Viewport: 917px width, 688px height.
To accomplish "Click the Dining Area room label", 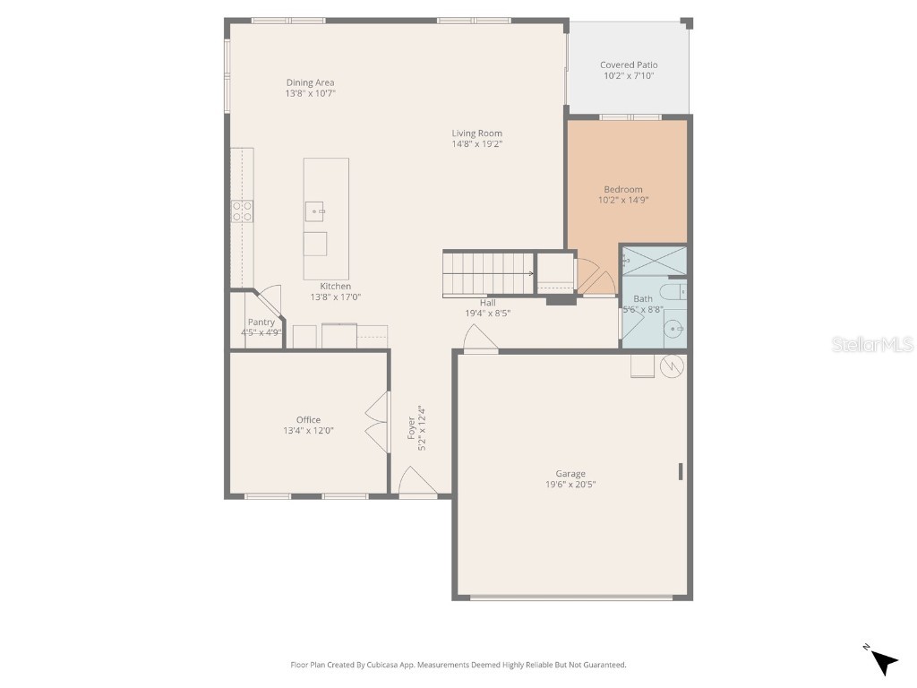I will click(x=310, y=83).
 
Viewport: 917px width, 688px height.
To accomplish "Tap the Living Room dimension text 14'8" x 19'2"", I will click(x=476, y=144).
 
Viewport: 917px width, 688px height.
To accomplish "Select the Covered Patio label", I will click(x=629, y=65).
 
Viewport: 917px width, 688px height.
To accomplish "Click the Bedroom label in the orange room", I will click(x=623, y=189).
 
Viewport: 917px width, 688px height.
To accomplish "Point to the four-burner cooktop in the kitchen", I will click(x=242, y=211).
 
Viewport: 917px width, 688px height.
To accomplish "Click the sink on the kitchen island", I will click(x=316, y=211).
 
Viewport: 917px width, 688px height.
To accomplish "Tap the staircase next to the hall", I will click(x=488, y=273).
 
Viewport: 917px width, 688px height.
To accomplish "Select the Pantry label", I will click(x=261, y=322).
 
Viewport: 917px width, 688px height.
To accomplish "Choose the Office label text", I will click(x=308, y=420).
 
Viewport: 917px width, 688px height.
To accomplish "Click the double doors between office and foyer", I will click(x=376, y=420).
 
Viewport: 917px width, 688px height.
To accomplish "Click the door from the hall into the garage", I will click(x=479, y=340).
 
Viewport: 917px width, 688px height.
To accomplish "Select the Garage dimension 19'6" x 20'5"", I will click(x=570, y=485).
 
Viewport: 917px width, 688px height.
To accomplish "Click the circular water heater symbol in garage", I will click(x=673, y=365).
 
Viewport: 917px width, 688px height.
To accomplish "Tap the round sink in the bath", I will click(x=676, y=330).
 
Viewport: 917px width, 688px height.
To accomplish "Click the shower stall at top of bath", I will click(x=654, y=260).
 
